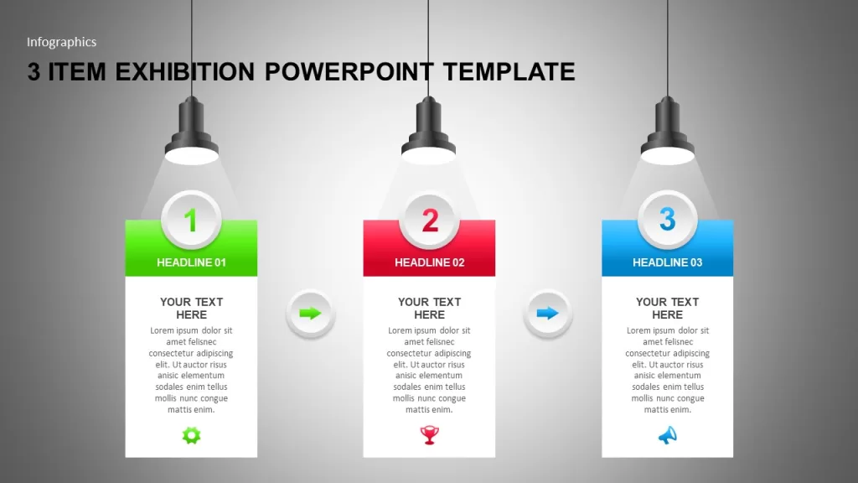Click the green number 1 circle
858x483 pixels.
(x=192, y=220)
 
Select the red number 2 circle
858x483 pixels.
(x=430, y=221)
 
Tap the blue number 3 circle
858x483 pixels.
(x=668, y=220)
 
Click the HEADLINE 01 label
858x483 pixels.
(x=192, y=262)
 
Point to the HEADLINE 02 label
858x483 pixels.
(x=430, y=262)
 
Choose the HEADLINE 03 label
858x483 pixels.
(x=668, y=262)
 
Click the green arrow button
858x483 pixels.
(x=310, y=314)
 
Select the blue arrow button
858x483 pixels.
(x=548, y=314)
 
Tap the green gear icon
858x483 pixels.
(x=192, y=435)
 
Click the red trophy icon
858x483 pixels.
(x=430, y=435)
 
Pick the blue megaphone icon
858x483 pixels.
(x=668, y=435)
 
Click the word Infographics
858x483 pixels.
(x=62, y=42)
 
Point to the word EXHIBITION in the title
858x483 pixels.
(x=185, y=72)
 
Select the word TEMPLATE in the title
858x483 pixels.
(x=509, y=72)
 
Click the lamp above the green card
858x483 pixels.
(x=192, y=130)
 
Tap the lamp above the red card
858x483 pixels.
(x=428, y=130)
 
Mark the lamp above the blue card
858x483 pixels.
(x=668, y=130)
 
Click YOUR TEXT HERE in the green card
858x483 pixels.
(x=192, y=309)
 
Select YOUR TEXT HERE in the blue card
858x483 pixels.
(x=668, y=309)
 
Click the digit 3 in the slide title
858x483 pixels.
(x=34, y=72)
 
